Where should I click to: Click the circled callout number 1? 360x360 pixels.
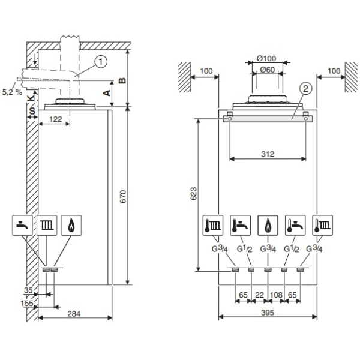tap(101, 62)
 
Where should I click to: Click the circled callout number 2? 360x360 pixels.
tap(305, 88)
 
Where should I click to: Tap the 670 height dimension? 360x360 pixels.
tap(123, 197)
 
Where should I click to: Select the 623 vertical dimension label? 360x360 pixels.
tap(194, 194)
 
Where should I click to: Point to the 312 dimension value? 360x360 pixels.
tap(268, 154)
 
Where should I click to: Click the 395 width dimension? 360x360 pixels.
tap(268, 313)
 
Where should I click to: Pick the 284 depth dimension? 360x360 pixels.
tap(74, 314)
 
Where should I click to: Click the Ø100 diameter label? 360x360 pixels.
tap(266, 59)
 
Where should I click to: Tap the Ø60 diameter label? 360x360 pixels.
tap(268, 70)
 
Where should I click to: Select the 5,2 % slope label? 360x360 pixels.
tap(12, 92)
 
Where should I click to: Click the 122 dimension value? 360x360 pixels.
tap(56, 119)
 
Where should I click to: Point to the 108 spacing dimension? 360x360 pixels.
tap(276, 295)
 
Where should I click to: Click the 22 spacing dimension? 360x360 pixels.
tap(260, 295)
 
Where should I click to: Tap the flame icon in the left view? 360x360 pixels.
tap(71, 225)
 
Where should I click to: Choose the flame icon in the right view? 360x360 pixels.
tap(268, 225)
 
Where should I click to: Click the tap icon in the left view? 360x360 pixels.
tap(22, 225)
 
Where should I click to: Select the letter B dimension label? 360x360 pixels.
tap(122, 80)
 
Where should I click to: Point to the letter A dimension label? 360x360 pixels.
tap(107, 93)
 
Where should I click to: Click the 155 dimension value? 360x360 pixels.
tap(27, 303)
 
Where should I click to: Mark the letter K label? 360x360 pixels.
tap(31, 98)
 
